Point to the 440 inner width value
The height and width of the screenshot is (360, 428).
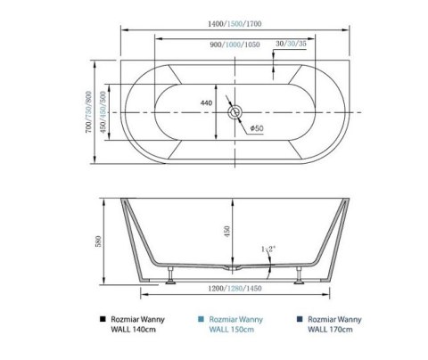point(207,103)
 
